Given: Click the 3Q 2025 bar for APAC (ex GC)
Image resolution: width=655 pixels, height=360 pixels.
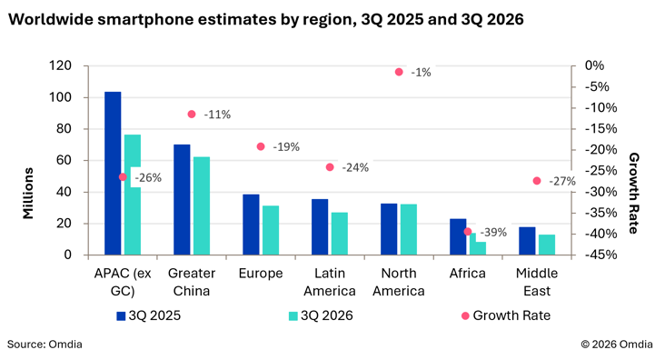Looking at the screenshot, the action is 113,173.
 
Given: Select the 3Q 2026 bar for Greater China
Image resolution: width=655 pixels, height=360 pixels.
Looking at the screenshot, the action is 202,205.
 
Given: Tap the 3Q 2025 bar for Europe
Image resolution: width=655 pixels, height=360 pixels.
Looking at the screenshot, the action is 251,225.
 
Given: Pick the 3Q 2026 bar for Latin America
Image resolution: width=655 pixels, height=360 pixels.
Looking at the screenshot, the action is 340,234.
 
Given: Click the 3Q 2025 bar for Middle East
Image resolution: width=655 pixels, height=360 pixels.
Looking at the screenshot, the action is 527,241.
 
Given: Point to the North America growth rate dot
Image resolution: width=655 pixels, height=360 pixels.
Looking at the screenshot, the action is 399,72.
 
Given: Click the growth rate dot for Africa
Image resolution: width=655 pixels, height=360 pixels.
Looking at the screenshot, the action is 468,232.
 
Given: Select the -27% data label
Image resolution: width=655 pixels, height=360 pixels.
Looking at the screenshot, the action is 562,182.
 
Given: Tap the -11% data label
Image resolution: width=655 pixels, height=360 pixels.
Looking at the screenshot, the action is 217,115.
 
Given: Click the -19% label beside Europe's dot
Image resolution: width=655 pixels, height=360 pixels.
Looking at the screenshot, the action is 286,147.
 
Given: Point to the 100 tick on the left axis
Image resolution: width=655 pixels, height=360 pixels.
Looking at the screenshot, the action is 61,97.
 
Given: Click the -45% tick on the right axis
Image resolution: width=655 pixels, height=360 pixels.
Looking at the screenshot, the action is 601,255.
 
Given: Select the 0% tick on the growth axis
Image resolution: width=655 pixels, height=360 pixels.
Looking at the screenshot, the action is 595,65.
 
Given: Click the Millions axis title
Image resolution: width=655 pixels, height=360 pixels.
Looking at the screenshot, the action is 28,193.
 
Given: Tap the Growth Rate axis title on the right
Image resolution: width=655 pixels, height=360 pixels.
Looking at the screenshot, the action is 633,193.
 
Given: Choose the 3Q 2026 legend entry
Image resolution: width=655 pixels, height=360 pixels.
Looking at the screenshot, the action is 321,315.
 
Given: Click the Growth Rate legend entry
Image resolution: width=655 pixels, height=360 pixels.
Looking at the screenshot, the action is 506,315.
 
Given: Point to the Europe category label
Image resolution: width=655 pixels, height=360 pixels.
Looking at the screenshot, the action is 261,274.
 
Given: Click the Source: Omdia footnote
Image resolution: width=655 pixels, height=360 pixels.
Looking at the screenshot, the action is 45,345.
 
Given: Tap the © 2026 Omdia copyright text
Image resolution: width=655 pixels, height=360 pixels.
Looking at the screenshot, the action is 617,345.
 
